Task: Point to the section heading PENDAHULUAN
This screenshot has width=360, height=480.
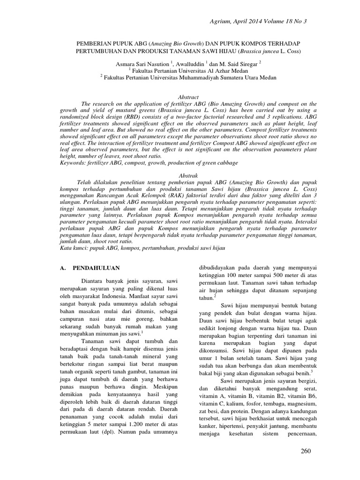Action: point(96,268)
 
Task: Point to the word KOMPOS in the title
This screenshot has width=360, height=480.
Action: point(245,42)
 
